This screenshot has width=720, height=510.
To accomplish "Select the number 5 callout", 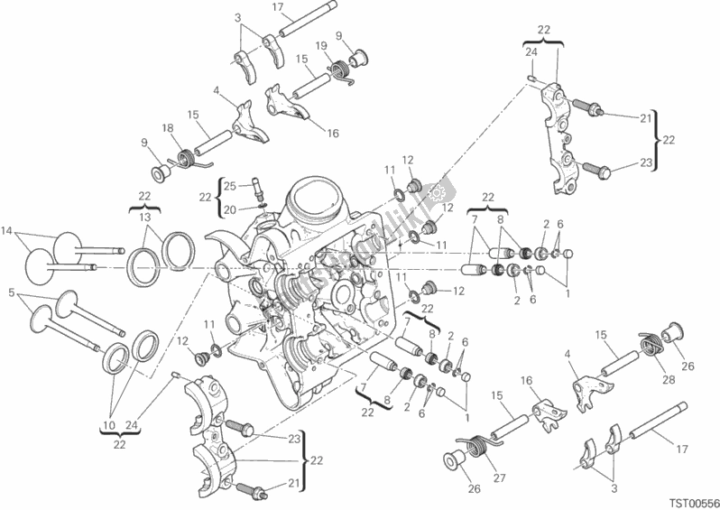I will (x=11, y=293).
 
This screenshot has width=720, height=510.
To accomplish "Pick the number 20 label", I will (x=229, y=209).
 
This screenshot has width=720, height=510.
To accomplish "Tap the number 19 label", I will (x=319, y=45).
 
